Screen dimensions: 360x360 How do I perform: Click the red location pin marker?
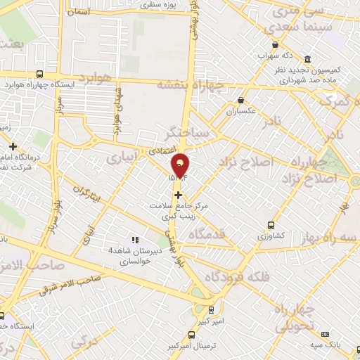click(181, 166)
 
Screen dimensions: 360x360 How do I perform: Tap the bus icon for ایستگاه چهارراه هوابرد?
click(39, 73)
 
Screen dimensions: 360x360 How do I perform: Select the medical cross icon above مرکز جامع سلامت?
click(178, 194)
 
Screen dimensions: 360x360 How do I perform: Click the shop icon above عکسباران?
click(242, 101)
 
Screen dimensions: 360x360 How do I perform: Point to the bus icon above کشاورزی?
click(271, 226)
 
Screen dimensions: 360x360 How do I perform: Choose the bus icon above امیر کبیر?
click(211, 308)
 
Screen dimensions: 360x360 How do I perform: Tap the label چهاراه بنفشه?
click(190, 85)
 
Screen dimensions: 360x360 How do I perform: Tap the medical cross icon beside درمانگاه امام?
click(13, 146)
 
